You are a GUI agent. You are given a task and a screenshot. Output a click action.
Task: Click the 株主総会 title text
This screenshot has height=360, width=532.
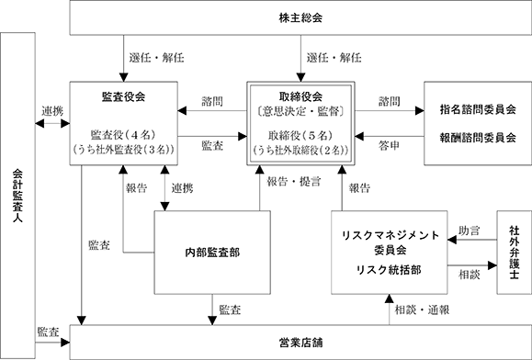300,18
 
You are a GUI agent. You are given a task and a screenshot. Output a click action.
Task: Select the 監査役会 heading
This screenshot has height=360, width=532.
123,97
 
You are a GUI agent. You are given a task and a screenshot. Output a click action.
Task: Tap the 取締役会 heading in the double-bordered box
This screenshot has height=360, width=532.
300,97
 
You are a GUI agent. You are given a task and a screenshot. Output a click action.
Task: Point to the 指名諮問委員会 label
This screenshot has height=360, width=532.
478,109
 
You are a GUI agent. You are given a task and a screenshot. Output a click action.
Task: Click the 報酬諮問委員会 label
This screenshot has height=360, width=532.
478,138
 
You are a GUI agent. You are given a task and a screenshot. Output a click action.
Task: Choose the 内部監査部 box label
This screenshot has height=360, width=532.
212,253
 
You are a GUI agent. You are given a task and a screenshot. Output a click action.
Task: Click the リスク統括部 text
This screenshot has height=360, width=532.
389,270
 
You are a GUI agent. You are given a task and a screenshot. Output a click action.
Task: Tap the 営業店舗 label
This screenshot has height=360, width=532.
300,343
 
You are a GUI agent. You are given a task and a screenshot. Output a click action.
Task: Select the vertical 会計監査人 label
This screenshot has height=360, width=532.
17,196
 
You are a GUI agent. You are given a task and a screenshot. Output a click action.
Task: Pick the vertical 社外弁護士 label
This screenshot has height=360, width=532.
515,253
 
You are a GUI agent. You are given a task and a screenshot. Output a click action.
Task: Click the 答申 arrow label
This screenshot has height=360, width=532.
389,146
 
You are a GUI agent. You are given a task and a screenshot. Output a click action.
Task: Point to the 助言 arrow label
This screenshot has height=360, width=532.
470,231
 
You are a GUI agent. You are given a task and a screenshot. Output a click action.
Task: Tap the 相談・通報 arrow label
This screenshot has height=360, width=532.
422,309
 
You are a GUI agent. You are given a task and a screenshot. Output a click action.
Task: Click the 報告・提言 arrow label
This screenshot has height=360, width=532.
293,182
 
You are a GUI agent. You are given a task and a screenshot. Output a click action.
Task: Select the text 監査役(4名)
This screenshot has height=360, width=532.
123,135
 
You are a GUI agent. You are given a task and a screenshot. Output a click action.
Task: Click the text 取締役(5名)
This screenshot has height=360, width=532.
300,136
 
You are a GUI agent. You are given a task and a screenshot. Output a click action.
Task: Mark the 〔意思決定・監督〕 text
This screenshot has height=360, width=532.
300,111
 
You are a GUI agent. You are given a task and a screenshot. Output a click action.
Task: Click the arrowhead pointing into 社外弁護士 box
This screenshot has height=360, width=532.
492,265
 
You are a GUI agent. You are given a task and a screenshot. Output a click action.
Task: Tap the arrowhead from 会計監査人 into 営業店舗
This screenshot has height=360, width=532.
65,343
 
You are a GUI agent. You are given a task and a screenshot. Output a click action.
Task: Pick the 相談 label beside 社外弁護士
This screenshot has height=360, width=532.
470,275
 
